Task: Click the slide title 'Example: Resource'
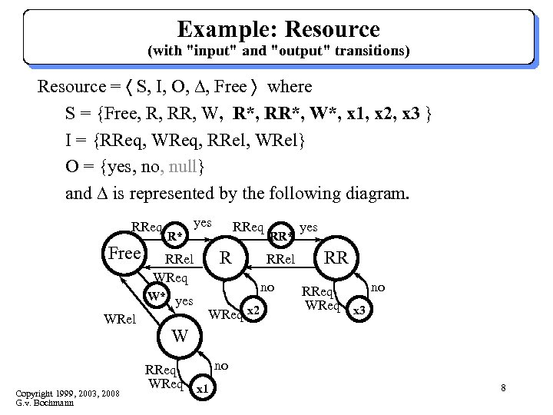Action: coord(278,29)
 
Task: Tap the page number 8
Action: coord(503,387)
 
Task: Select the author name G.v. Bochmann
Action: coord(46,403)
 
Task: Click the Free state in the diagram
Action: coord(123,254)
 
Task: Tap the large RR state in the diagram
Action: coord(336,257)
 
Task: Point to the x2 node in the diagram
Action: coord(254,310)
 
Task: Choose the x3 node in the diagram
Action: coord(359,310)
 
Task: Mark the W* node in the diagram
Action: coord(157,295)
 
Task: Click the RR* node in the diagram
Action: coord(282,236)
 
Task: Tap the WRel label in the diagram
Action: coord(119,317)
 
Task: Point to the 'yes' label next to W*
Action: coord(184,300)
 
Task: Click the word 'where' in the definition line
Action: coord(290,86)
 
